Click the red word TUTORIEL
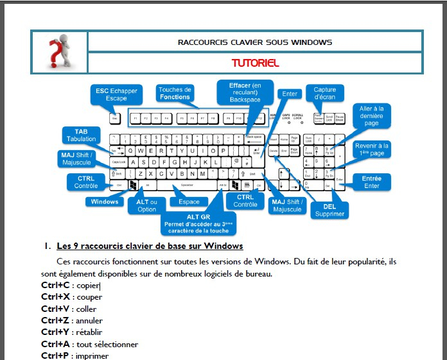pos(255,64)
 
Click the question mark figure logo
pos(59,52)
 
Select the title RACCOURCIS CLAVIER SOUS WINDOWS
pos(255,42)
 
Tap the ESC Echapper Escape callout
pos(116,95)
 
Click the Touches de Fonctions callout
pos(175,93)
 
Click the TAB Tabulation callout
pos(81,135)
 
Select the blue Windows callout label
pos(105,201)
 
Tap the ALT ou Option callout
pos(146,205)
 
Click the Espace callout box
pos(189,201)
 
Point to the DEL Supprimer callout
pos(329,210)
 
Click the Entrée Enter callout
pos(371,182)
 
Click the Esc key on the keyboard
pos(115,119)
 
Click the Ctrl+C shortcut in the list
pos(55,286)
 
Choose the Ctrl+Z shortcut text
pos(55,320)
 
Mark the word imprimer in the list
pos(92,356)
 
